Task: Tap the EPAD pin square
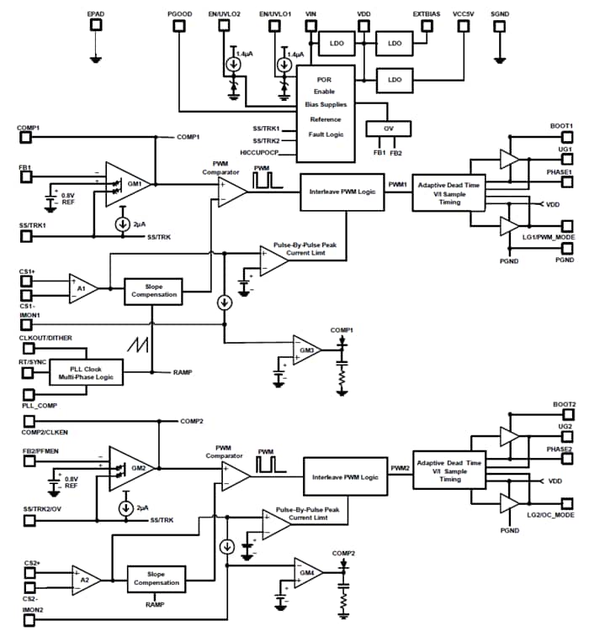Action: pos(97,25)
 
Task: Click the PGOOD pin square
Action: pos(179,25)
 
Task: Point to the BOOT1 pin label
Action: pos(562,126)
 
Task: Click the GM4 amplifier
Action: pos(306,573)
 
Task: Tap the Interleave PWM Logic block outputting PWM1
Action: pos(342,192)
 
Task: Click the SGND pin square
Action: pos(500,25)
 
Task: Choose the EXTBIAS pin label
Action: pos(427,14)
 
